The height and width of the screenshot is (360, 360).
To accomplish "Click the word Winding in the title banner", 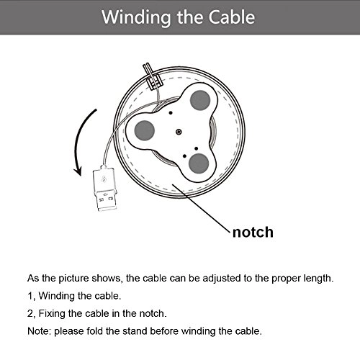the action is (136, 18).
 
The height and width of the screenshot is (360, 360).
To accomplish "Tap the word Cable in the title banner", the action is (231, 17).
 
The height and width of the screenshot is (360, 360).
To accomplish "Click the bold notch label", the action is (253, 232).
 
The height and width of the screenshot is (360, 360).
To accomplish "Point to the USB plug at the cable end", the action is (105, 189).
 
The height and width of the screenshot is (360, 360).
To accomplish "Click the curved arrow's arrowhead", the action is (78, 171).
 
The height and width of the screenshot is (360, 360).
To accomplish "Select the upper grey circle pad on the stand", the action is (200, 100).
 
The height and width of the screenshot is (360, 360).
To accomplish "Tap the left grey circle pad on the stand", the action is (144, 130).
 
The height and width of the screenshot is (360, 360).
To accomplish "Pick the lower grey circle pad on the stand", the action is (199, 163).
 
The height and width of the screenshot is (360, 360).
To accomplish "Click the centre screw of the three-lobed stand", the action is (179, 132).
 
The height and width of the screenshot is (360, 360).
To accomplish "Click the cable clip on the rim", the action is (153, 76).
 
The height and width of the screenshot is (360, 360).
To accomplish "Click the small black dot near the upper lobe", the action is (171, 112).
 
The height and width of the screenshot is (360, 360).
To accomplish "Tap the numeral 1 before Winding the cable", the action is (30, 296).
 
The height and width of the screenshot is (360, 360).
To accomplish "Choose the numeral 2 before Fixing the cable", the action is (30, 313).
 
